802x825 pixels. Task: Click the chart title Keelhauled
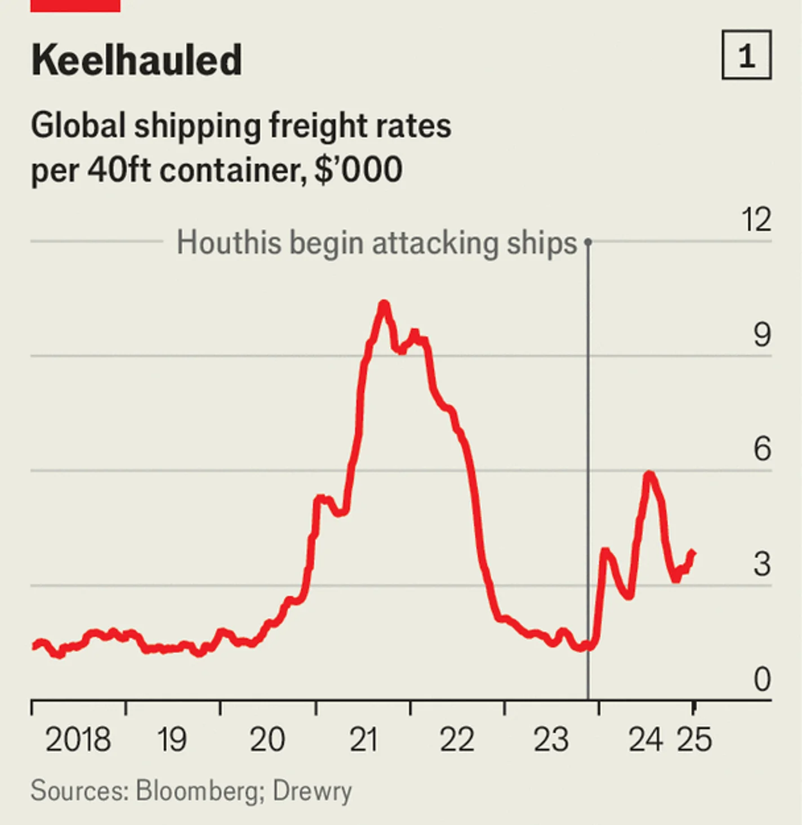pos(136,60)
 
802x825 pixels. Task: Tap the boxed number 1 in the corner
pos(746,55)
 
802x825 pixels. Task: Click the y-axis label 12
pos(756,219)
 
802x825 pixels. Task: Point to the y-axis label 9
pos(762,335)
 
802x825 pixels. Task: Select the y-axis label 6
pos(762,449)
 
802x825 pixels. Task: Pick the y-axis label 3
pos(762,564)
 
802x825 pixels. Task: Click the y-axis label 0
pos(762,679)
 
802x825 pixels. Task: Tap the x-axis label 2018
pos(78,739)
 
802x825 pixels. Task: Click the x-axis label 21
pos(363,739)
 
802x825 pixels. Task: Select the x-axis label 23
pos(551,739)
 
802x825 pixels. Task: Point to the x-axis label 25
pos(694,739)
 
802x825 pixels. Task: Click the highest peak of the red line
pos(384,304)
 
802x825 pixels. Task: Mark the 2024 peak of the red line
pos(649,474)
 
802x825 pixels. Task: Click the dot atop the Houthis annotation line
pos(588,242)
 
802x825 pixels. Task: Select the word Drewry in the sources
pos(312,791)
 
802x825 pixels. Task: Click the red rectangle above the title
pos(75,5)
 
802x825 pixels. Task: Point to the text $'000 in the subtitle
pos(358,169)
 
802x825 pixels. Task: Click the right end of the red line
pos(693,553)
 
